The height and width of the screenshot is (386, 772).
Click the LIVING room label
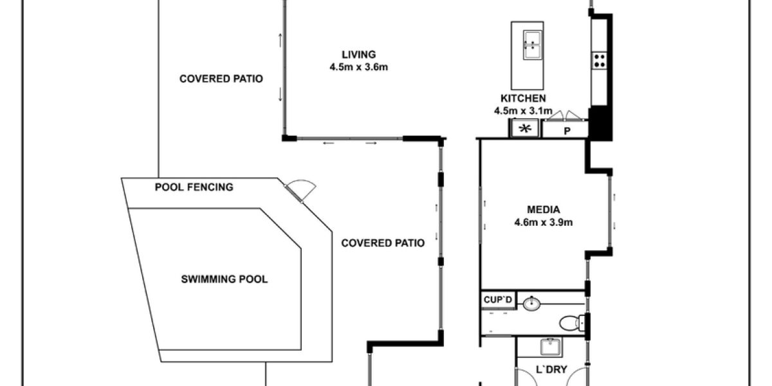358,55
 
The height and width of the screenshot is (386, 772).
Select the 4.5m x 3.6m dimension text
358,66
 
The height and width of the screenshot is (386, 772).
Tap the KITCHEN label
523,98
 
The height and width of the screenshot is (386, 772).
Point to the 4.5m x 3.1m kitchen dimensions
523,111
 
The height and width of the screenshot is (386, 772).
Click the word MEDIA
543,210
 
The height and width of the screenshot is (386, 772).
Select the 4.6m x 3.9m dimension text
543,223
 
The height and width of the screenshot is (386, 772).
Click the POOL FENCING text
194,188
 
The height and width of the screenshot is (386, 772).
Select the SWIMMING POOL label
224,279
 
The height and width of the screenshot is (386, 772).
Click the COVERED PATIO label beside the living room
221,79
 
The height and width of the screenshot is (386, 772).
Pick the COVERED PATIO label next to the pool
382,243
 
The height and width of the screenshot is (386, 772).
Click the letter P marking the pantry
567,131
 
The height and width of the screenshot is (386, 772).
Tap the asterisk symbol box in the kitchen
526,129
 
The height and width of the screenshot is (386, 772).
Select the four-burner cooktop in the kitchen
599,60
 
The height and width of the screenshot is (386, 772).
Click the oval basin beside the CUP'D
532,302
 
